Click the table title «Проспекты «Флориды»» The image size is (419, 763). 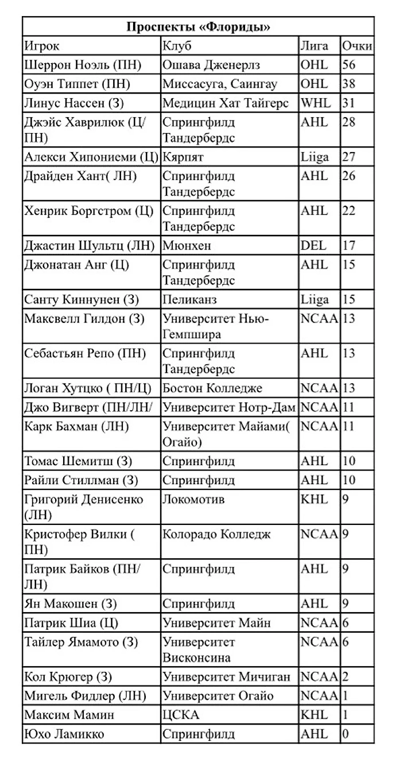coord(198,26)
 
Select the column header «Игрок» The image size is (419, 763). coord(42,46)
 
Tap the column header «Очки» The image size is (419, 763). coord(356,46)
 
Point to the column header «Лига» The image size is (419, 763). coord(315,46)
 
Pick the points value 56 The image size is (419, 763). coord(349,65)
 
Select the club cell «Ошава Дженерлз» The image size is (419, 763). coord(211,65)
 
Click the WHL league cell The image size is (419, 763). coord(315,103)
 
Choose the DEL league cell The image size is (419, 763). coord(313,246)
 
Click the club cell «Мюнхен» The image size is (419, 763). coord(187,246)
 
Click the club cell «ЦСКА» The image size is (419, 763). coord(180,715)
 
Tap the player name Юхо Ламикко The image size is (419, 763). coord(64,734)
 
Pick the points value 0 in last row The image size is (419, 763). coord(346,734)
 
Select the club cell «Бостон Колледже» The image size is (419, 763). coord(212,388)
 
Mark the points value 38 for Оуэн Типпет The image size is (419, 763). coord(349,84)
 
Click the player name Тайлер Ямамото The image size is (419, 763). coord(81,642)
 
